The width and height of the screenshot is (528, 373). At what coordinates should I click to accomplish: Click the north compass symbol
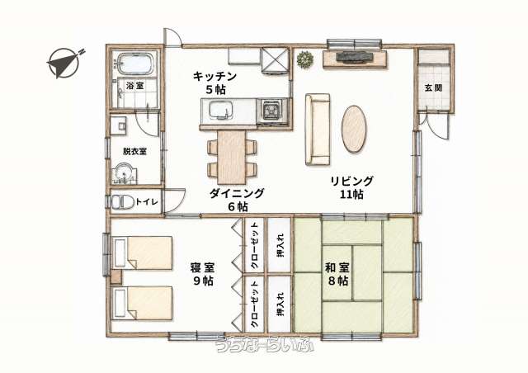pos(64,63)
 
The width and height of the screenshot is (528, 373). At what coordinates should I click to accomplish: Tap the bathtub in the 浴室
pos(135,64)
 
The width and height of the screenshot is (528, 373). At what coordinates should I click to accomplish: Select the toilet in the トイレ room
pos(119,202)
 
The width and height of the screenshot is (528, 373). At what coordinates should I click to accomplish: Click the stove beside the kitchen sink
pos(272,111)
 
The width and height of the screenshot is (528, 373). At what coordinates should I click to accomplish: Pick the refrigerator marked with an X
pos(275,60)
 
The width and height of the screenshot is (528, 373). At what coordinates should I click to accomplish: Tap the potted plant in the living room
pos(305,59)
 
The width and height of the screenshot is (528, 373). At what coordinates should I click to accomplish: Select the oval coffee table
pos(354,129)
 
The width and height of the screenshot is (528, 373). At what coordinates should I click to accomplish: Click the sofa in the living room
pos(318,130)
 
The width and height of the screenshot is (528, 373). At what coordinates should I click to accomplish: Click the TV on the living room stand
pos(355,56)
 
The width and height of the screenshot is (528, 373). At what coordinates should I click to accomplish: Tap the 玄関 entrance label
pos(432,88)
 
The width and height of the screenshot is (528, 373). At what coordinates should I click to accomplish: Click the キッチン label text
pos(214,77)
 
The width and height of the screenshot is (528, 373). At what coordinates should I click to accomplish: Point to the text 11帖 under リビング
pos(351,195)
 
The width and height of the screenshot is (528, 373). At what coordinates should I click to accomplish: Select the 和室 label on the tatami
pos(337,268)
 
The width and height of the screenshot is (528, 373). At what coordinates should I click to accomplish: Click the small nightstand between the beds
pos(115,277)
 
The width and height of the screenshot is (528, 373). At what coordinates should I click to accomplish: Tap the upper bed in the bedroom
pos(143,253)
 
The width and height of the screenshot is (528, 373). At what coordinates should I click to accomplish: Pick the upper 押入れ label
pos(280,245)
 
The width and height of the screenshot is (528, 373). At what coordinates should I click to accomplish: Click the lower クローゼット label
pos(254,305)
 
